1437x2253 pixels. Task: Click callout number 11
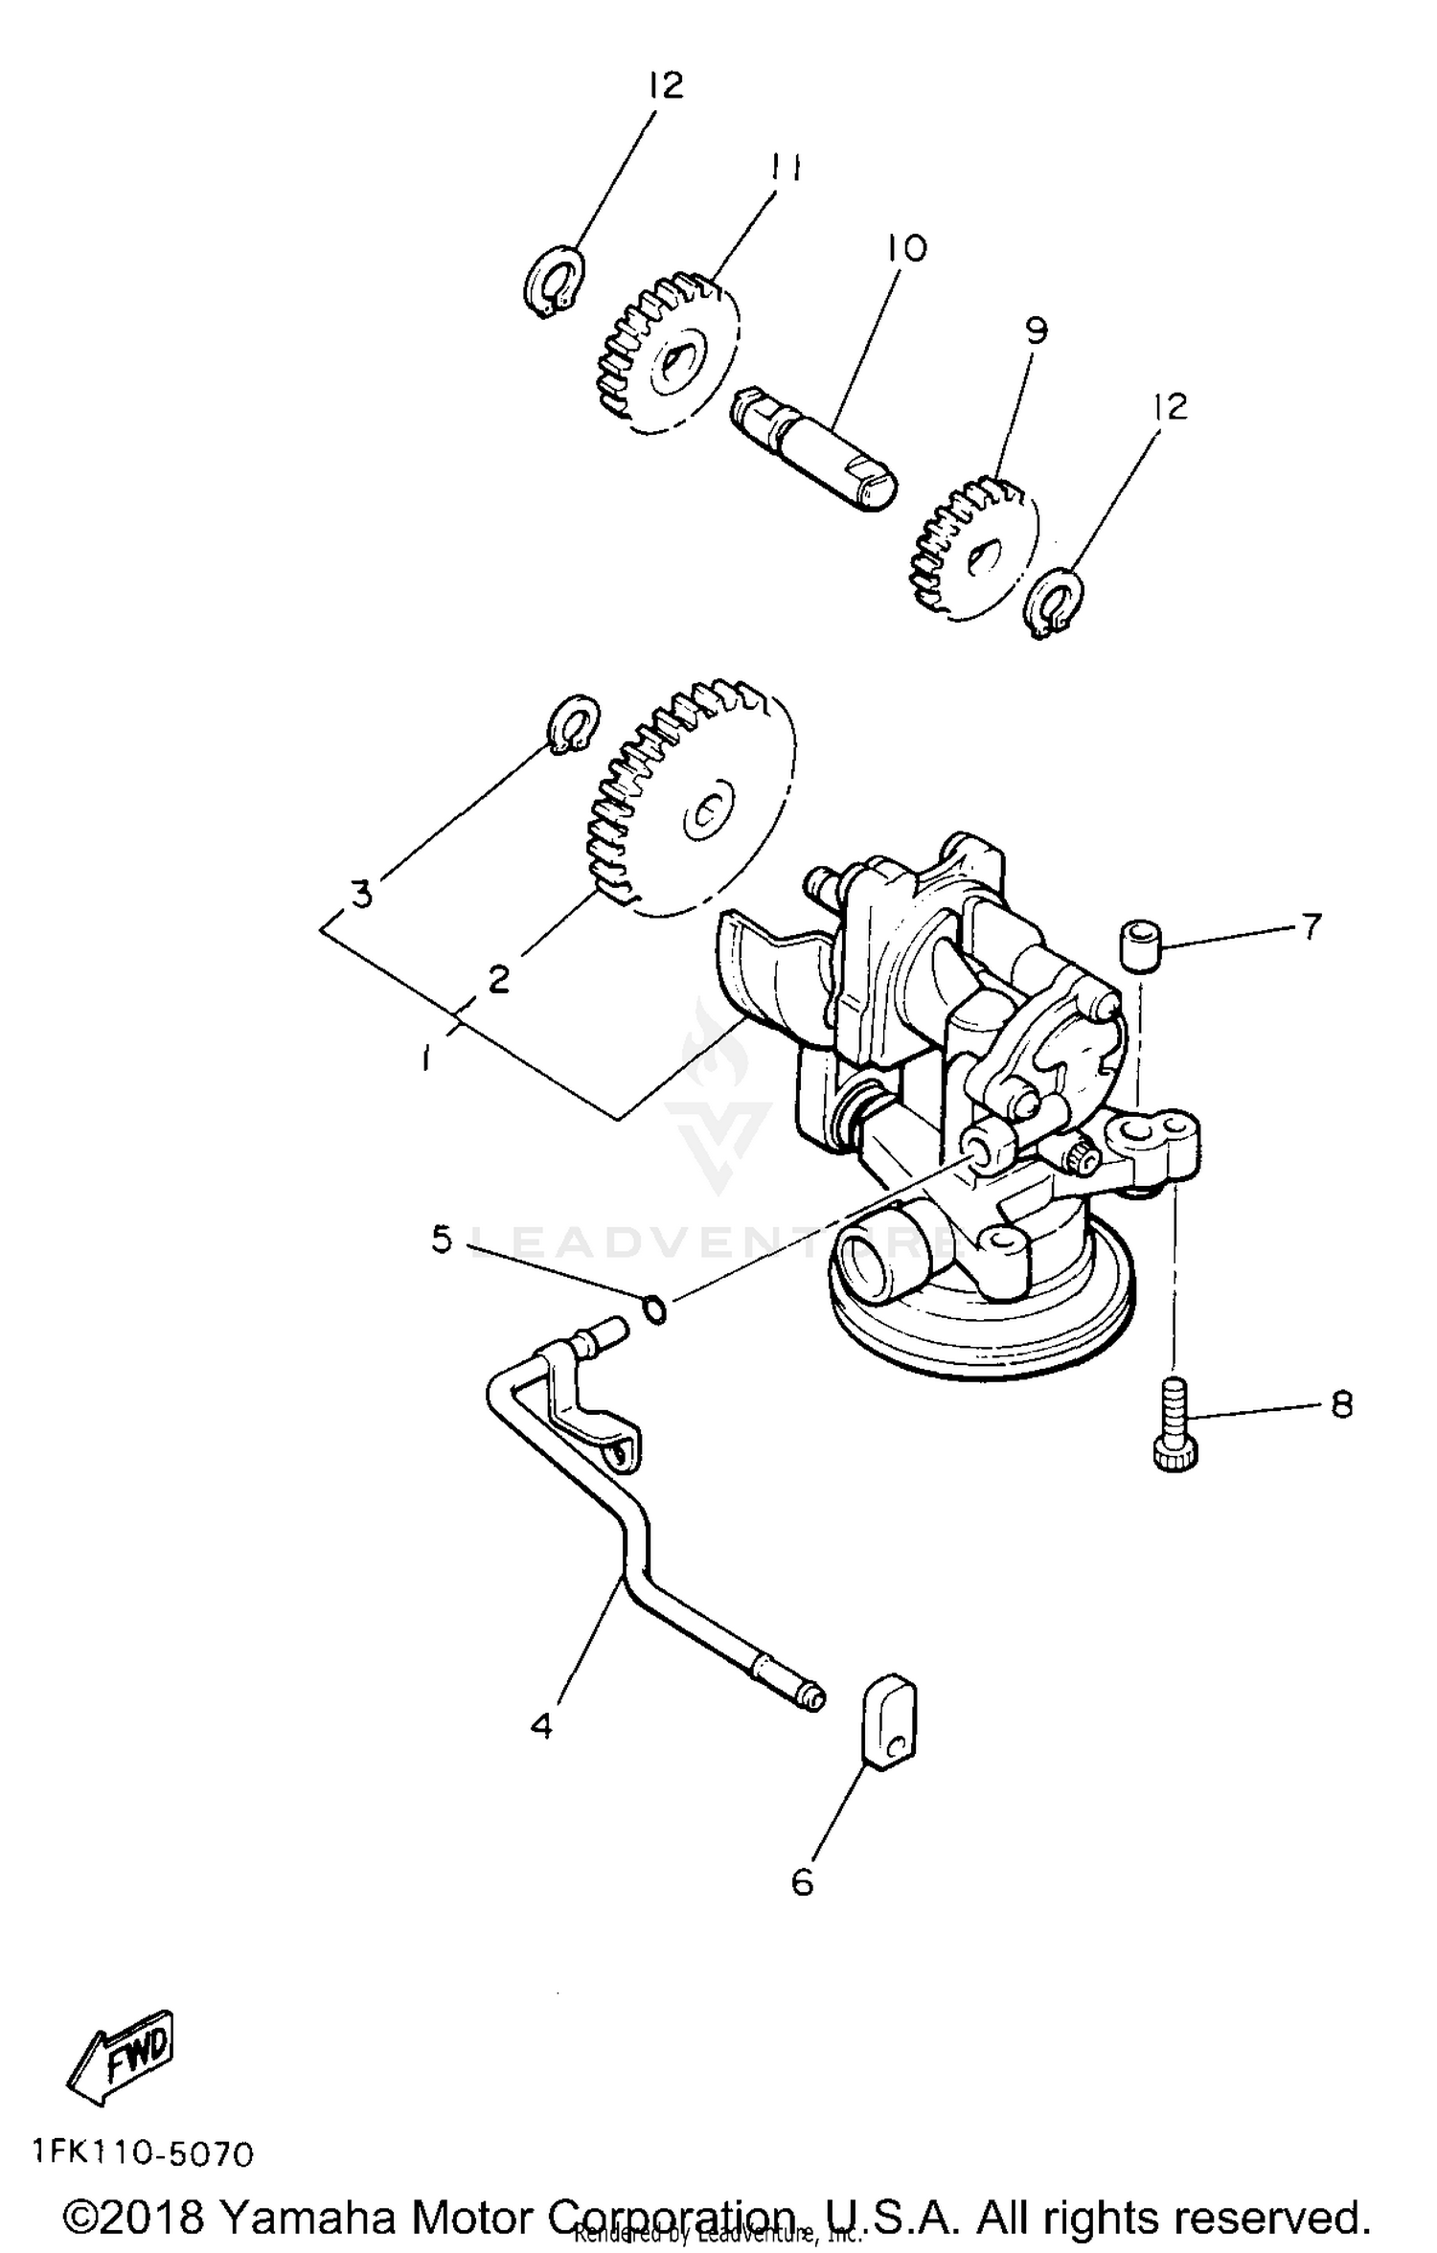pyautogui.click(x=785, y=168)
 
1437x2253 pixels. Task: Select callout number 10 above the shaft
pyautogui.click(x=905, y=248)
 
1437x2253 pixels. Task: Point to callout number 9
pyautogui.click(x=1036, y=330)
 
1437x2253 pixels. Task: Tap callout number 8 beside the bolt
pyautogui.click(x=1340, y=1404)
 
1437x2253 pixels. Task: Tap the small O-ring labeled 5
pyautogui.click(x=654, y=1309)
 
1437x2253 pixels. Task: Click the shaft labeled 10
pyautogui.click(x=814, y=448)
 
